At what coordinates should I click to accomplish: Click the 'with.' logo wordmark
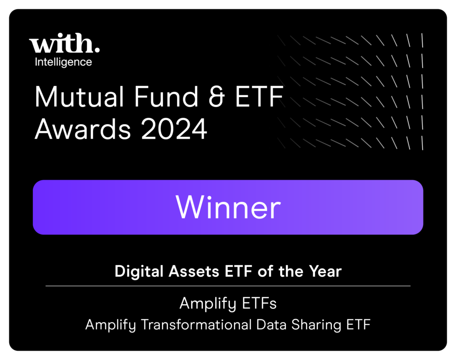click(x=64, y=43)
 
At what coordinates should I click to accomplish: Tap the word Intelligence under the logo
click(x=63, y=62)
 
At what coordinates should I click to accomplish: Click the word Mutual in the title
click(x=79, y=97)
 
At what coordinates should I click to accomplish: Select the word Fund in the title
click(x=166, y=97)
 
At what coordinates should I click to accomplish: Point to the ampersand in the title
click(x=217, y=97)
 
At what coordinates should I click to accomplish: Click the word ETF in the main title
click(x=259, y=97)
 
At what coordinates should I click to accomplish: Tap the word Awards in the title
click(x=83, y=129)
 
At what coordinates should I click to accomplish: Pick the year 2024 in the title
click(x=174, y=129)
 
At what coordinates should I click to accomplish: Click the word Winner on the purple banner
click(x=228, y=207)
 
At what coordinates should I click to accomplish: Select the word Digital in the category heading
click(x=139, y=271)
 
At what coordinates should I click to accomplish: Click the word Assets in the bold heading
click(x=194, y=271)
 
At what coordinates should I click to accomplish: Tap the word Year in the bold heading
click(x=325, y=271)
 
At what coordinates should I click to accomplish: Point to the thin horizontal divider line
click(x=228, y=286)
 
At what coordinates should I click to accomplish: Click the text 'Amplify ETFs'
click(x=228, y=303)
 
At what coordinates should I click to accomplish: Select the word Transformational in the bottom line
click(x=196, y=324)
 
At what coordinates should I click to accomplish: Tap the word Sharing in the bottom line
click(x=317, y=325)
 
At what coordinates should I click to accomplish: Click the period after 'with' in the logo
click(x=97, y=50)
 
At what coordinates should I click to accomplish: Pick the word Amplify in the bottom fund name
click(x=111, y=325)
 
